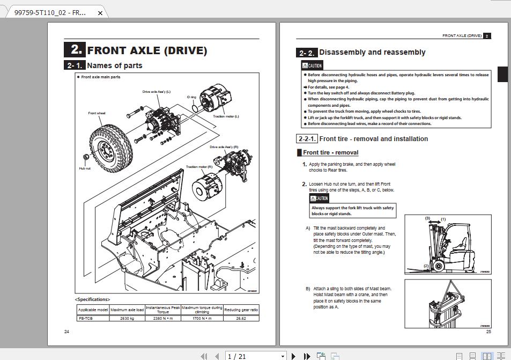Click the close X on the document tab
[100, 12]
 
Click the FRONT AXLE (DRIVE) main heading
[146, 50]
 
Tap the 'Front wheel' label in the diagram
[97, 113]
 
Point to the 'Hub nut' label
[85, 168]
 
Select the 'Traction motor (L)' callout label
[226, 116]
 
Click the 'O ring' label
[191, 97]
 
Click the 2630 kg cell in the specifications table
[127, 318]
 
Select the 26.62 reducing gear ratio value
[241, 318]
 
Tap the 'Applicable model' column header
[93, 310]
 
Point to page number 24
[66, 332]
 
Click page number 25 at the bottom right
[488, 332]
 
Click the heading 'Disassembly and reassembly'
[372, 52]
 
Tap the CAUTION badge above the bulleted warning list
[312, 65]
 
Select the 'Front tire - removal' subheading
[330, 152]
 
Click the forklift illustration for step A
[448, 244]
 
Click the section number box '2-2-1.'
[307, 138]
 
